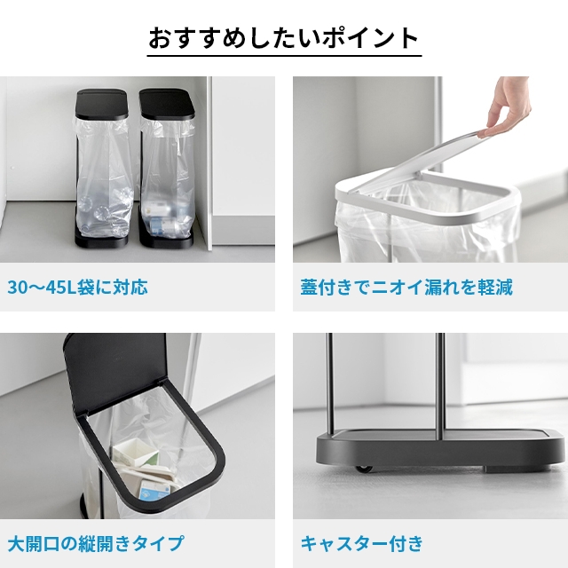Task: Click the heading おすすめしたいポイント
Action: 284,38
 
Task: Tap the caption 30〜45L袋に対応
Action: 77,288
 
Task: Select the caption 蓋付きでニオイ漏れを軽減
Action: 406,288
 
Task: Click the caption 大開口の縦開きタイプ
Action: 96,543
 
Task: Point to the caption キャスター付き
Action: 362,543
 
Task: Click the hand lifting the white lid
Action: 508,108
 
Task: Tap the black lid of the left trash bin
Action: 101,104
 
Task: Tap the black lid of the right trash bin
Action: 167,105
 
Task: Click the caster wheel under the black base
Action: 364,469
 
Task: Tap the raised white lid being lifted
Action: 416,160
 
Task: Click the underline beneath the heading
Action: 284,55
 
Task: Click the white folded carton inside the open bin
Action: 136,453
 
